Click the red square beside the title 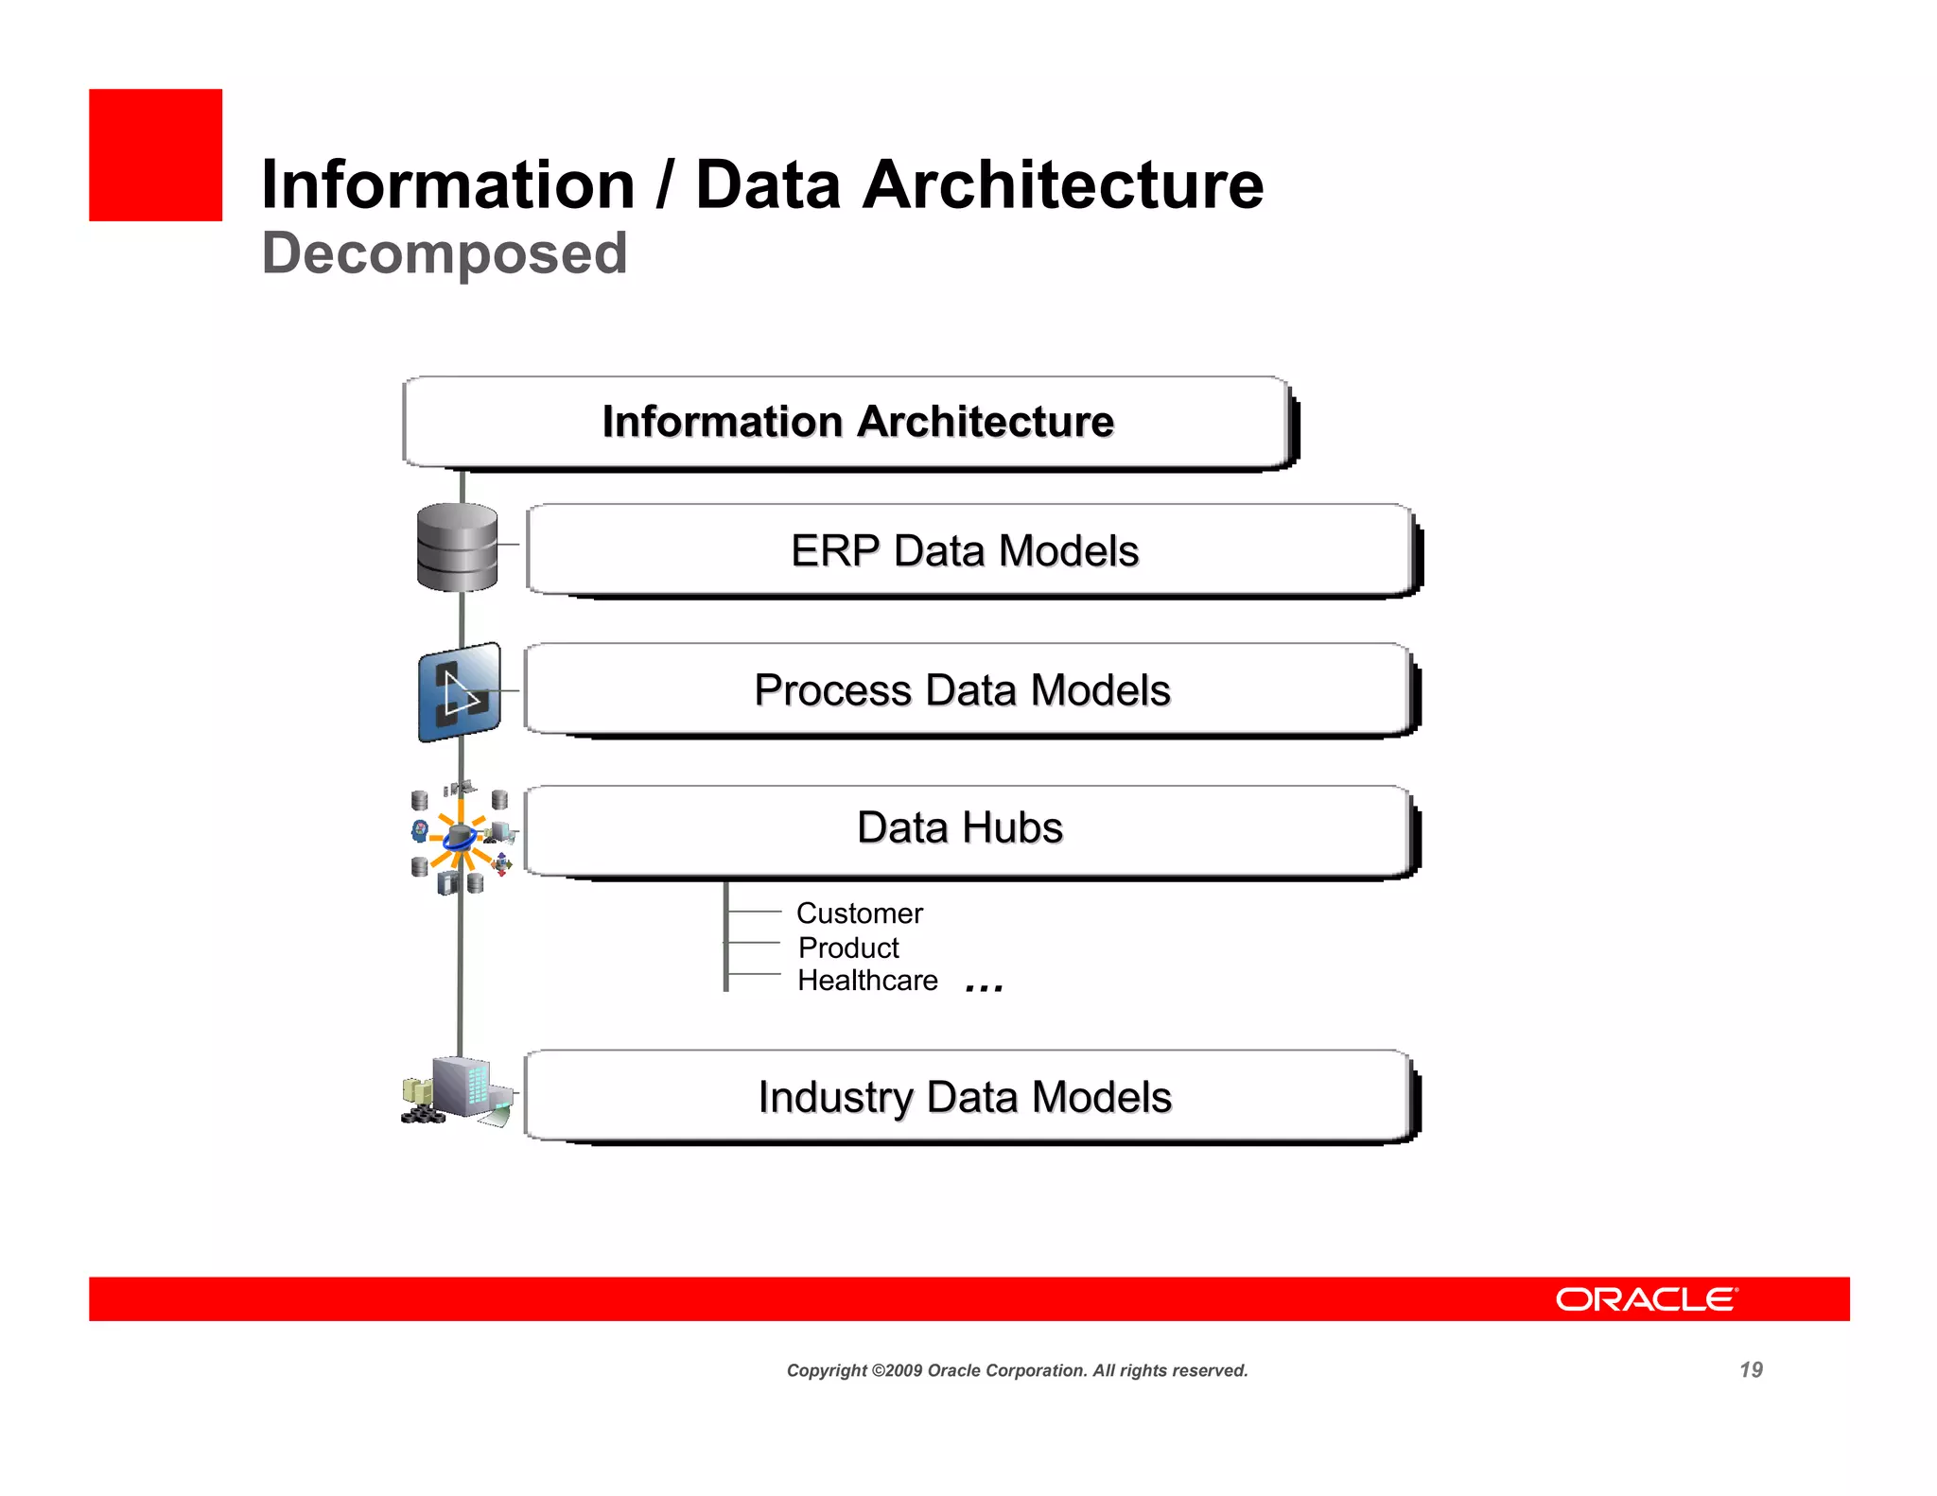(x=155, y=155)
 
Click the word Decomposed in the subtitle (x=445, y=253)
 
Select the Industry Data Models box (x=965, y=1096)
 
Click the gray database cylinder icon (x=458, y=548)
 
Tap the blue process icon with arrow (x=460, y=692)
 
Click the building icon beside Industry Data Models (x=460, y=1090)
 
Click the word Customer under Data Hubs (x=859, y=913)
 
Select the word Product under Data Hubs (x=848, y=948)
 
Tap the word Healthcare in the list (x=867, y=981)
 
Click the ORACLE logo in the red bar (x=1646, y=1299)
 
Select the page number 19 (x=1751, y=1369)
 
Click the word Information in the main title (x=447, y=184)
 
